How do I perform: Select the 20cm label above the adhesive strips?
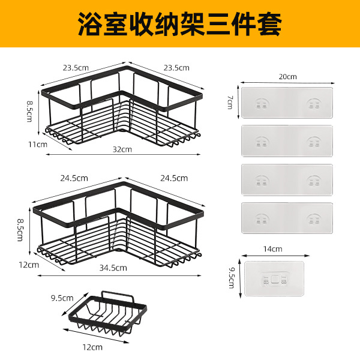click(x=288, y=77)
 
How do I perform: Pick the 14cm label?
click(x=273, y=248)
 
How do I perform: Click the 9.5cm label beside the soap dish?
click(x=62, y=298)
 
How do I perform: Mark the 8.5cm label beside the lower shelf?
click(x=20, y=229)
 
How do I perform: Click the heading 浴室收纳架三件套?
click(x=179, y=23)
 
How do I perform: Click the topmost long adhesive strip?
click(x=287, y=101)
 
